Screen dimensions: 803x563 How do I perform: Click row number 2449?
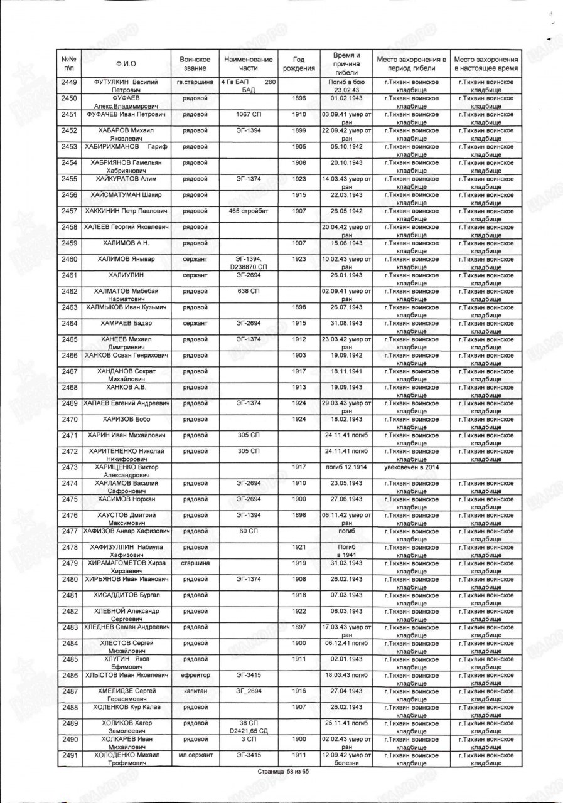70,82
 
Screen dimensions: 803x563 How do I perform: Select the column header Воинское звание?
195,63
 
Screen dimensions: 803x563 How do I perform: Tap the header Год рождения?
299,63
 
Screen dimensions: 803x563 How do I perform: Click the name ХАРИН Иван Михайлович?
127,435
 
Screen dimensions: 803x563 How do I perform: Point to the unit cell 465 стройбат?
249,210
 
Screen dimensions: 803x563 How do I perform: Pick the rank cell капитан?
195,691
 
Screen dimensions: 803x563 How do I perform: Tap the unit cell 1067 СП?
249,114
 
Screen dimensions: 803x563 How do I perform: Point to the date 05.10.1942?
347,146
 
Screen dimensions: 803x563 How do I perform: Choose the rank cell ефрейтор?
195,675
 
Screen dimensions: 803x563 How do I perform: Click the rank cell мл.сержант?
195,755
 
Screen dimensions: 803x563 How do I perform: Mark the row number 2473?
70,467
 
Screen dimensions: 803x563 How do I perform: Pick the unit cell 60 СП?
249,531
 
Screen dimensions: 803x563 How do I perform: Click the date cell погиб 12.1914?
347,467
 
